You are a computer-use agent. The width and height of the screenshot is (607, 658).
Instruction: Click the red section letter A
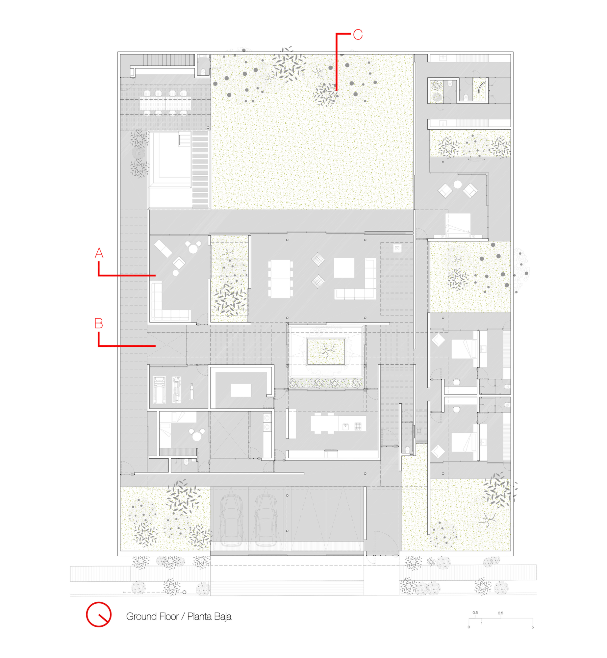pos(99,253)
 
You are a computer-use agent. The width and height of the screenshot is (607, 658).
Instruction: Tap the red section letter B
pos(99,323)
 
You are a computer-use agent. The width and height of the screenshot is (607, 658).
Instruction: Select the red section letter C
pos(358,35)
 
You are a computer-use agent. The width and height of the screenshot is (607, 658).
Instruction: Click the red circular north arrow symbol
pos(99,614)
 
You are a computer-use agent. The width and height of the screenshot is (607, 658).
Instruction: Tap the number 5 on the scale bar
pos(532,627)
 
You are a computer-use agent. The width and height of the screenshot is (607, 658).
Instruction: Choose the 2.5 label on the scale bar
pos(500,613)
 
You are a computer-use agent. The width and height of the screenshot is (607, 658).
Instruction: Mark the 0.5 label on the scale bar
pos(475,613)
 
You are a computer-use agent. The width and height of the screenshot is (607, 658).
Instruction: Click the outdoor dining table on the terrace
pos(165,103)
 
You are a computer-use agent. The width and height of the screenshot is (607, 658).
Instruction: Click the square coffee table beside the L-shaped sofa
pos(344,267)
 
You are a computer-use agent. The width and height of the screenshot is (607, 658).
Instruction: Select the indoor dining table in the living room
pos(280,279)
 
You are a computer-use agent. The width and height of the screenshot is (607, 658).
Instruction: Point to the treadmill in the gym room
pos(159,390)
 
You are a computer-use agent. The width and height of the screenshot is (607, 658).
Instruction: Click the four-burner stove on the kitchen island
pos(358,427)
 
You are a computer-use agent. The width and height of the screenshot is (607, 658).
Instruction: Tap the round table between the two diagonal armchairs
pos(457,185)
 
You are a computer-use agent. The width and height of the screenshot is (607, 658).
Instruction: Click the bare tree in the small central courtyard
pos(326,351)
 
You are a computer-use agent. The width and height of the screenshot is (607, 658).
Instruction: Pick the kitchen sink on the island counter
pos(345,427)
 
